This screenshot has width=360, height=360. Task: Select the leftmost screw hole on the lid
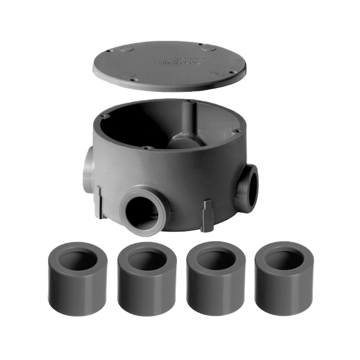click(x=108, y=52)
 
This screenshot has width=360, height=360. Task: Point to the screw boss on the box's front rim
click(x=146, y=147)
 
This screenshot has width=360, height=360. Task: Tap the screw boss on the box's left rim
click(x=105, y=116)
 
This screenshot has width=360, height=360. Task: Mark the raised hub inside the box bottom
click(x=185, y=140)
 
